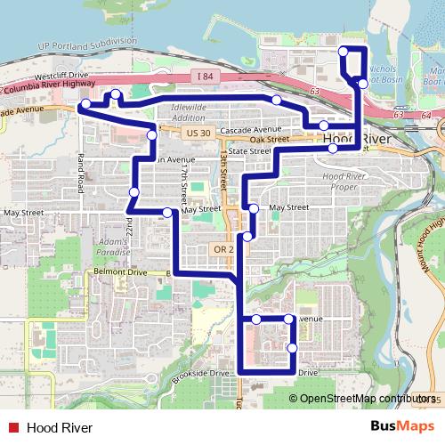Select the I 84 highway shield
pyautogui.click(x=205, y=78)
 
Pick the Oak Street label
pyautogui.click(x=269, y=140)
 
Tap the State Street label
pyautogui.click(x=248, y=152)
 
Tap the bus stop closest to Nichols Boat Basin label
pyautogui.click(x=361, y=83)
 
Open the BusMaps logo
pyautogui.click(x=402, y=426)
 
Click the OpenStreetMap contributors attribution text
pyautogui.click(x=361, y=399)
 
